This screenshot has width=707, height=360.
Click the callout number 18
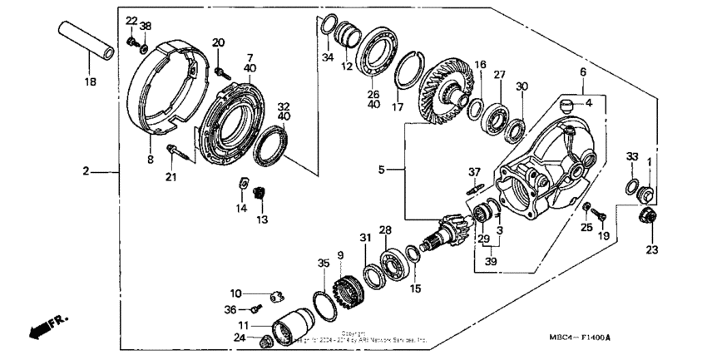[x=90, y=81]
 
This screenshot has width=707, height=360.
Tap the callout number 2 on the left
[x=85, y=172]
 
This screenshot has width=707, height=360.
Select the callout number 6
[x=583, y=72]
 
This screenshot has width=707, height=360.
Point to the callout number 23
[x=650, y=249]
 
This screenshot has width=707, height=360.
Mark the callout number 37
[x=474, y=173]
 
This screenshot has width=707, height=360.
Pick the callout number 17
[x=398, y=107]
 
